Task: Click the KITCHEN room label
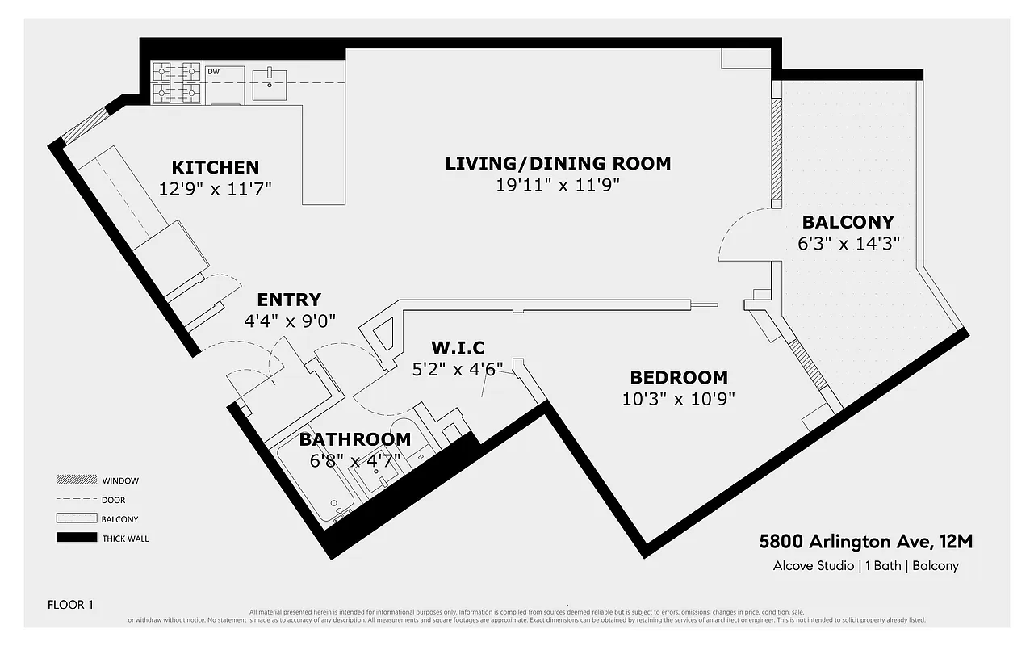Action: coord(215,167)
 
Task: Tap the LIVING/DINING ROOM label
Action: coord(558,163)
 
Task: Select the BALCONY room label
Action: coord(848,222)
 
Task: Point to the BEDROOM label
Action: coord(679,377)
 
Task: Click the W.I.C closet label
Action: coord(458,348)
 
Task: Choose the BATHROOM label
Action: coord(354,440)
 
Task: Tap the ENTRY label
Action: coord(289,300)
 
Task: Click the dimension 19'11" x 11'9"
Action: coord(558,185)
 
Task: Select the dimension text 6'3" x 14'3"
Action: coord(848,243)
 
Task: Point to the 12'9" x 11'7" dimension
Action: coord(215,189)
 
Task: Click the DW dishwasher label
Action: coord(214,72)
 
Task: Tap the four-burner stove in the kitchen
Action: coord(176,82)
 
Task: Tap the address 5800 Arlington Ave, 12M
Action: coord(864,542)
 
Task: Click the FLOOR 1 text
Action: coord(70,604)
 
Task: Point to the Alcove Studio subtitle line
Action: coord(865,565)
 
